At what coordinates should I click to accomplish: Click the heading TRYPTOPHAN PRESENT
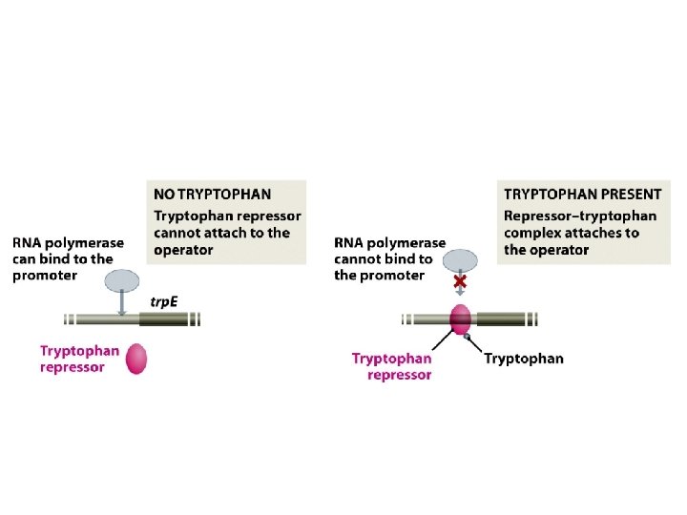pos(582,195)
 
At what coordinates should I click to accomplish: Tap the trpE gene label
pos(165,301)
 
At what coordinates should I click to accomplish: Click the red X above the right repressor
pos(460,282)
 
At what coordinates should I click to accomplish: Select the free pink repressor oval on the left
pos(135,359)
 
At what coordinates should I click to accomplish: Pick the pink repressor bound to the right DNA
pos(461,319)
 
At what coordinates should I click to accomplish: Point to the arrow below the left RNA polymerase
pos(122,302)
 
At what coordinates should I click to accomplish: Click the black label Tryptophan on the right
pos(524,359)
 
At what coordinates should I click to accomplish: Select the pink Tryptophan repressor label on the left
pos(79,358)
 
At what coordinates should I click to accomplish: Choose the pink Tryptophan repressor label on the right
pos(391,366)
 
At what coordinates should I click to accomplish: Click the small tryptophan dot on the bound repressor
pos(467,336)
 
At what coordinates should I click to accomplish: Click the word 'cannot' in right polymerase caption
pos(356,258)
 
